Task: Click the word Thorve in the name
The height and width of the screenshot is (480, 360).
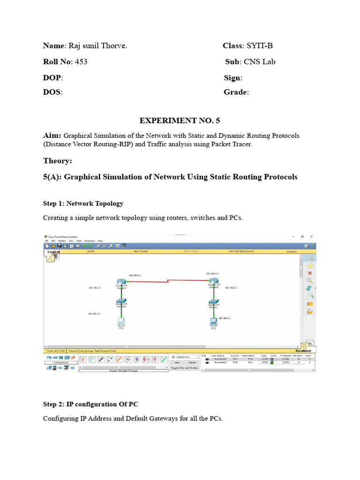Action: coord(114,46)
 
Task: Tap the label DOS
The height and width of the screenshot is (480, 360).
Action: coord(52,92)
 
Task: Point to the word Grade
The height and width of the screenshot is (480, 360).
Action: coord(235,92)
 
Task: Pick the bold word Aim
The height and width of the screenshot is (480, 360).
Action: coord(52,135)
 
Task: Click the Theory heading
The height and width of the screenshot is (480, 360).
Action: coord(58,161)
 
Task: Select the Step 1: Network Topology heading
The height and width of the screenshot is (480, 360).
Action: coord(83,203)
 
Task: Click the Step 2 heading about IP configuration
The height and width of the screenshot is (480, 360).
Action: coord(90,404)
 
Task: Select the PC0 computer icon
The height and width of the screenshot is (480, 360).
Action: coord(121,321)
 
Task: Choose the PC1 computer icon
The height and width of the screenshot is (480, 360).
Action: coord(213,321)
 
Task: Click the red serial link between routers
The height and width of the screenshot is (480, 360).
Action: coord(167,281)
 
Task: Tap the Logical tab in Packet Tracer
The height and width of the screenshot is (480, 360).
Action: coord(54,252)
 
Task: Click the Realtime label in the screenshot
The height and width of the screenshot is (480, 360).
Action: coord(303,351)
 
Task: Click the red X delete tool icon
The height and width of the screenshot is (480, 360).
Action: coord(310,273)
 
